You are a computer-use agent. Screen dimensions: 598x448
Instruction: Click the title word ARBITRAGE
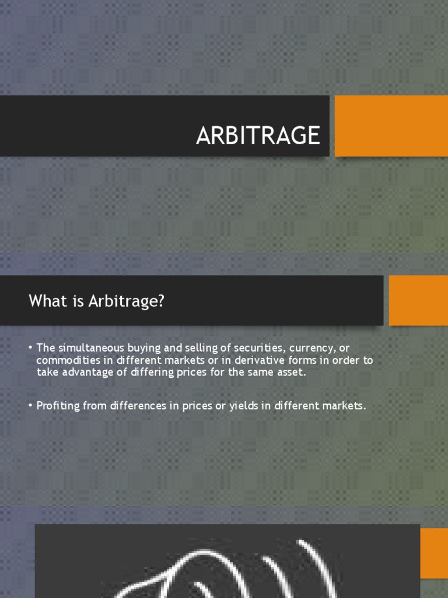(x=258, y=135)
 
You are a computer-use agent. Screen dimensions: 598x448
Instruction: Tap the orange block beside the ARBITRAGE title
(x=391, y=126)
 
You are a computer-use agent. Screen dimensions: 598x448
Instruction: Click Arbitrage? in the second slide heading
(x=131, y=301)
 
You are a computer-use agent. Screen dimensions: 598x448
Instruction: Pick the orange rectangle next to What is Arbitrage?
(x=418, y=300)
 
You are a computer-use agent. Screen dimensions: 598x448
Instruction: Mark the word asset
(x=291, y=373)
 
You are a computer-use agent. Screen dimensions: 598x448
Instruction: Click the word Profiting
(x=58, y=406)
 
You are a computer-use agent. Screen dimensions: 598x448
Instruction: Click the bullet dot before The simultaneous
(x=30, y=347)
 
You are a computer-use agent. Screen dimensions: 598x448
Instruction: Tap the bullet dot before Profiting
(x=30, y=406)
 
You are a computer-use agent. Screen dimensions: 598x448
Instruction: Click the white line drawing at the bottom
(x=233, y=569)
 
